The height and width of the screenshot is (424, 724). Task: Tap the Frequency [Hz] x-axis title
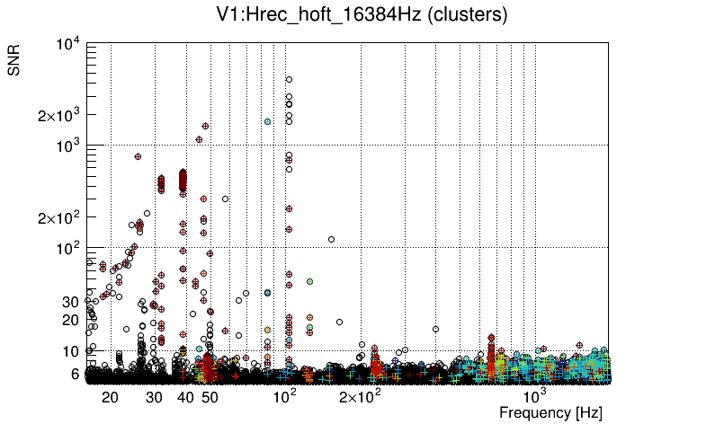click(550, 412)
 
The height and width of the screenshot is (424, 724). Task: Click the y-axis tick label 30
click(72, 302)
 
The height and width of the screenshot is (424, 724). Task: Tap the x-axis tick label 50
click(209, 396)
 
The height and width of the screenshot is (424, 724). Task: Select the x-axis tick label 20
click(111, 396)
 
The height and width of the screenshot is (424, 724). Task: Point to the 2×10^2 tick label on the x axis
click(359, 395)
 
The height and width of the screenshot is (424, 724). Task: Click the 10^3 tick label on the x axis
click(535, 395)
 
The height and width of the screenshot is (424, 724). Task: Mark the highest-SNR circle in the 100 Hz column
click(289, 79)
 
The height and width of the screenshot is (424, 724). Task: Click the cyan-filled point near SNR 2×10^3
click(267, 121)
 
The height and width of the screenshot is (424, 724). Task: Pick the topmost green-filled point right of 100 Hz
click(309, 281)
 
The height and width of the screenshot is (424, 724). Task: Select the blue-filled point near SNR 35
click(267, 293)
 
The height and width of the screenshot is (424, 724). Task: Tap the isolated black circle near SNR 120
click(331, 239)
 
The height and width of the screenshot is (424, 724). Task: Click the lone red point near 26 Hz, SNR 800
click(139, 156)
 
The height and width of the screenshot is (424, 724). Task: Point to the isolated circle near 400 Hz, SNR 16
click(435, 329)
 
